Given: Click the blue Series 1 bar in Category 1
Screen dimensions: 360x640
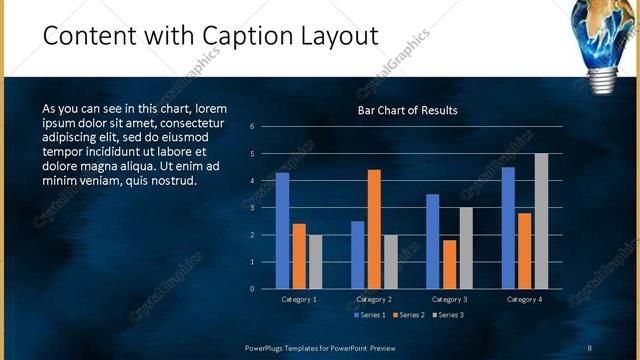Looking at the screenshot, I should [283, 230].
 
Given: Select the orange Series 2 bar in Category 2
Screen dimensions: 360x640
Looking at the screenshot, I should [374, 229].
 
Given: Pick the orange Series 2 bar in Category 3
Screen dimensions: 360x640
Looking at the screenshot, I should [450, 264].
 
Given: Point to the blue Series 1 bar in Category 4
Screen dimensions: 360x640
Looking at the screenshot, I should [508, 227].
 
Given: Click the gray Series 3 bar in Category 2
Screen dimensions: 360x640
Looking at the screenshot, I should [390, 261].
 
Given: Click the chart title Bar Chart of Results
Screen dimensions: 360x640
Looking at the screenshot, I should [407, 111].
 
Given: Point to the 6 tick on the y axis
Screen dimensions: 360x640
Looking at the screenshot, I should [253, 126].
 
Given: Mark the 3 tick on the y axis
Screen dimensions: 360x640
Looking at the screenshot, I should [253, 207].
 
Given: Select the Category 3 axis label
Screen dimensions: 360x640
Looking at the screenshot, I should [449, 299].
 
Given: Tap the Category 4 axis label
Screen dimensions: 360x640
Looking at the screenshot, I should [524, 299].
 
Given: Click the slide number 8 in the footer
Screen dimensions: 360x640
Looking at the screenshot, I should [589, 347].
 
